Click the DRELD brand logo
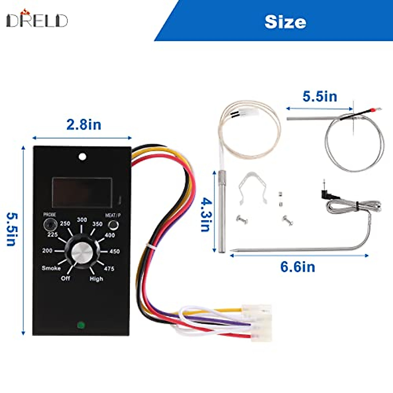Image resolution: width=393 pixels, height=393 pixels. point(37,20)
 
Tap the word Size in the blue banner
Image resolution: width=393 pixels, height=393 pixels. point(285,22)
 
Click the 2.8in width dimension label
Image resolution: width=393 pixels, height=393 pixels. point(84,125)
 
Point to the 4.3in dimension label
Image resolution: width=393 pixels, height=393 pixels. point(206,215)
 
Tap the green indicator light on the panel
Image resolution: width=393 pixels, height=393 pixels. point(81,326)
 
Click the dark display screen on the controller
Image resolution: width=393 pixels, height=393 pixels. point(82,193)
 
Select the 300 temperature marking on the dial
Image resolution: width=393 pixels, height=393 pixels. point(82,220)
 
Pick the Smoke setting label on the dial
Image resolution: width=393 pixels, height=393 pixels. point(51,268)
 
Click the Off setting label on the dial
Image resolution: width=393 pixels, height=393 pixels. point(65,278)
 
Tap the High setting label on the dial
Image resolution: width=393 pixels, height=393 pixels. point(96,279)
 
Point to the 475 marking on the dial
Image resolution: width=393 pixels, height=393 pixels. point(109,269)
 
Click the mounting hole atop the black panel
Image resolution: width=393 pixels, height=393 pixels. point(83,157)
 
